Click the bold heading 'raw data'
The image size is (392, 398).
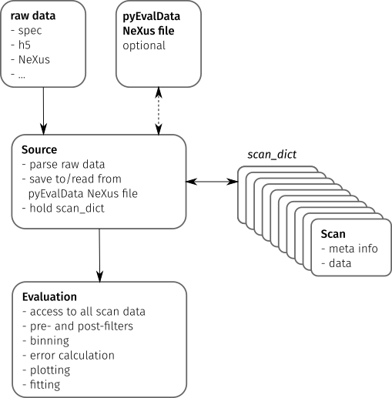pos(33,16)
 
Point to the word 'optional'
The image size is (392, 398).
pos(144,45)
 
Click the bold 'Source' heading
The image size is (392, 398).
pos(39,149)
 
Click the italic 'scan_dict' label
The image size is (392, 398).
pos(272,155)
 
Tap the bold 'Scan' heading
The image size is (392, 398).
pos(333,234)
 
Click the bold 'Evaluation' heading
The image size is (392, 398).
pos(49,297)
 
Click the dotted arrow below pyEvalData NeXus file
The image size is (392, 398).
pos(159,111)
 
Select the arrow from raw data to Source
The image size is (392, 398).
pos(43,111)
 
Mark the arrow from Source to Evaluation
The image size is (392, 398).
pos(99,256)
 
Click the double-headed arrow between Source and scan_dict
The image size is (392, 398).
pos(212,182)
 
